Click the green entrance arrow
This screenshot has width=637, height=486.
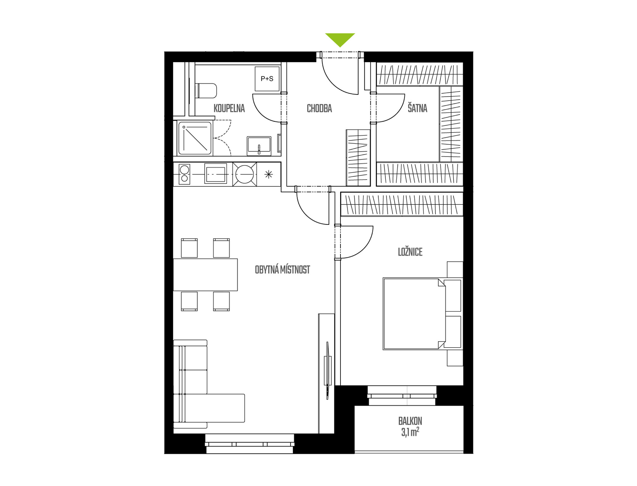pos(340,39)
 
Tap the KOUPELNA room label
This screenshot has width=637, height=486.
pos(229,108)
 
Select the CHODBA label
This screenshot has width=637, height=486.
pos(319,108)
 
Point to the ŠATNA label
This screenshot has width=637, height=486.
pos(417,108)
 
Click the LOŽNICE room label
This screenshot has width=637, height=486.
pos(410,252)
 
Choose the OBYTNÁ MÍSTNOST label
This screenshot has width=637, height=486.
pos(282,270)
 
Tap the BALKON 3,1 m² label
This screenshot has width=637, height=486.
pos(410,427)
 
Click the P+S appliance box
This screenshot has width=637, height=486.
pos(267,79)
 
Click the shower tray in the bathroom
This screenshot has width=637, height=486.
pos(195,138)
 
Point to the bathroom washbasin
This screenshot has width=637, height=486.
pos(259,146)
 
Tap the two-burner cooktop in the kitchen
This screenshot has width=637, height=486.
pos(184,174)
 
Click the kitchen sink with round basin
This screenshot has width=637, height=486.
pos(245,174)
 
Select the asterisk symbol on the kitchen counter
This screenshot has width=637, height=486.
pos(269,174)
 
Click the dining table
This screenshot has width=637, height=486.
pos(205,275)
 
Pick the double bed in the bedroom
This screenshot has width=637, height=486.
pos(422,314)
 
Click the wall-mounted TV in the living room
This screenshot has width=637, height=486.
pos(327,370)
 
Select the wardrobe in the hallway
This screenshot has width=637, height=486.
pos(358,158)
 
